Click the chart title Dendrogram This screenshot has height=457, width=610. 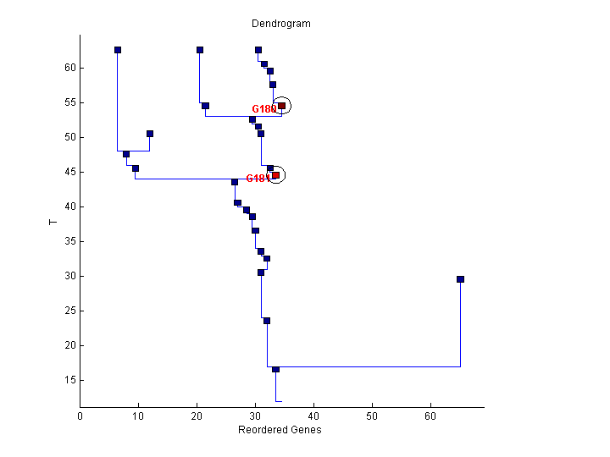(x=281, y=24)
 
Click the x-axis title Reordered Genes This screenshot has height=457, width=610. (x=280, y=430)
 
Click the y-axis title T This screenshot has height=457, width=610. (x=53, y=223)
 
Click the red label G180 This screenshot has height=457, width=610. (x=263, y=109)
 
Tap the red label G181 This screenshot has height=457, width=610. (x=257, y=179)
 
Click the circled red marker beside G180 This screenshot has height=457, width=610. (x=281, y=106)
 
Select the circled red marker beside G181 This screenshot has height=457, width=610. (x=275, y=175)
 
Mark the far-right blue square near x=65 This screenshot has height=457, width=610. (x=460, y=279)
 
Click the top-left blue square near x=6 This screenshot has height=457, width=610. (x=118, y=50)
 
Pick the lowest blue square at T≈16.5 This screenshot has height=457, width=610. (x=275, y=369)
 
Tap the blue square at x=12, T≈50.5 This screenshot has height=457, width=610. (x=150, y=134)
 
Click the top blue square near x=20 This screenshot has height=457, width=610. (x=200, y=50)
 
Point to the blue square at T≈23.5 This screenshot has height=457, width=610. (x=267, y=321)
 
